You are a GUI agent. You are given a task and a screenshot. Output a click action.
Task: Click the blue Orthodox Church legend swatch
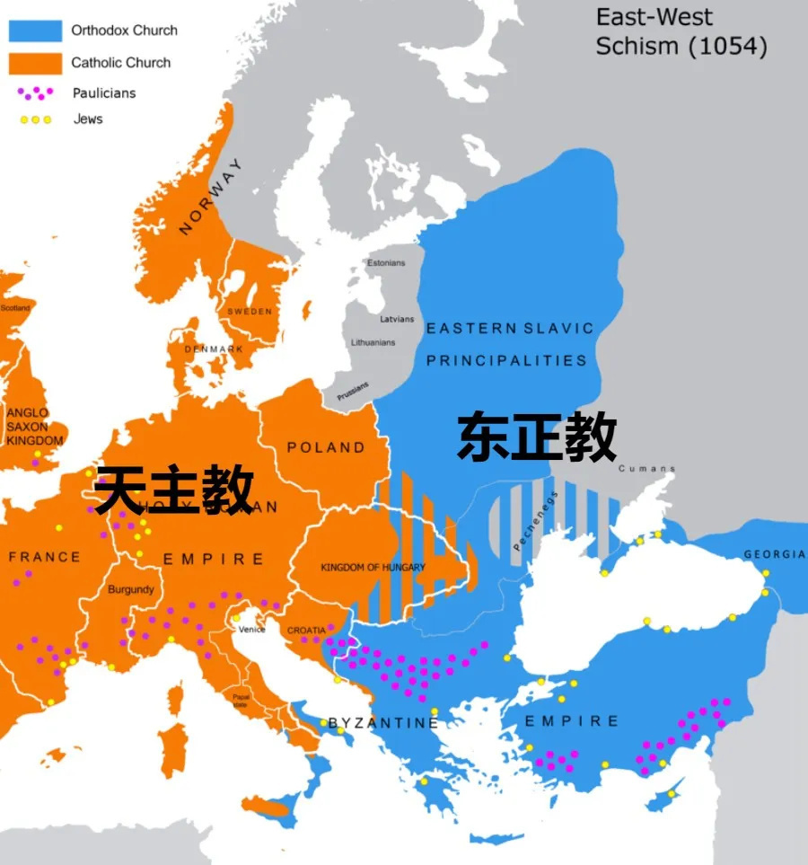[x=35, y=31]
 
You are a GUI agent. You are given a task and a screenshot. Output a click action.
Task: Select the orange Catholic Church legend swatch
[x=35, y=63]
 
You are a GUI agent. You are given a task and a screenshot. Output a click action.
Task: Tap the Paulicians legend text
[x=104, y=93]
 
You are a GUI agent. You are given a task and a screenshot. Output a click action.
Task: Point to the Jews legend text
[x=88, y=119]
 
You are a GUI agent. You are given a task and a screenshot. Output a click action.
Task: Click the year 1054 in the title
[x=728, y=47]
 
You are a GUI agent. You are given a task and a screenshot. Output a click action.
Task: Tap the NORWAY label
[x=211, y=198]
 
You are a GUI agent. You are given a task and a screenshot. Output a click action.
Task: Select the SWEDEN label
[x=250, y=311]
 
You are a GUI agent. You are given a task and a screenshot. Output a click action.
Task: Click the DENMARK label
[x=214, y=349]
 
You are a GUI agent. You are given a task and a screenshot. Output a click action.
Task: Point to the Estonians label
[x=386, y=263]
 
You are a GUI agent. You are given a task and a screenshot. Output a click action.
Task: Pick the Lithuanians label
[x=373, y=342]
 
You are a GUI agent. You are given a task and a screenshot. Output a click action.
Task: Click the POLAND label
[x=326, y=447]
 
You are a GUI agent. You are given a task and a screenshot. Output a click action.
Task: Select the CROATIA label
[x=306, y=631]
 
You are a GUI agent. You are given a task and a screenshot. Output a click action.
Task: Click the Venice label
[x=252, y=630]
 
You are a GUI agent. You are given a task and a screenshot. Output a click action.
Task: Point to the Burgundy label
[x=131, y=590]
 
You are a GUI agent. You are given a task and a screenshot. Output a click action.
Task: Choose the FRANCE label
[x=44, y=558]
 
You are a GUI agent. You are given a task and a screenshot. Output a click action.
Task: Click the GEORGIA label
[x=774, y=554]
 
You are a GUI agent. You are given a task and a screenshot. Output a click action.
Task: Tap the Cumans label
[x=646, y=469]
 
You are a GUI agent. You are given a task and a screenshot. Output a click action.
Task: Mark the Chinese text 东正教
[x=537, y=437]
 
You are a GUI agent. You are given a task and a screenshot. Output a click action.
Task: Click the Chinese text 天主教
[x=173, y=490]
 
